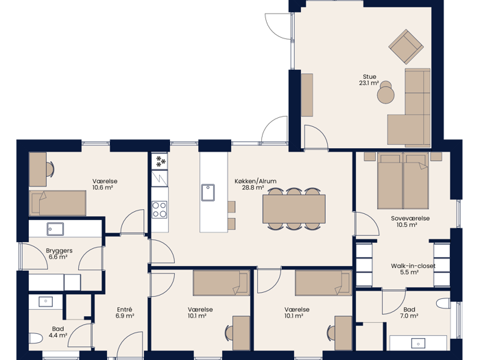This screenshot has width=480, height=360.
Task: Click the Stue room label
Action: (x=370, y=77)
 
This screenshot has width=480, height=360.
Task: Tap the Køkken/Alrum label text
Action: (x=256, y=181)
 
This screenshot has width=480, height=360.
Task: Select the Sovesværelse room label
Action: (x=410, y=218)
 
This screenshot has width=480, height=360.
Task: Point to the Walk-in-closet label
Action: (x=413, y=266)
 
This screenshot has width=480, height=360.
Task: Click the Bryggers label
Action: (x=59, y=251)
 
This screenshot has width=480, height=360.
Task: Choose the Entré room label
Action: (x=125, y=309)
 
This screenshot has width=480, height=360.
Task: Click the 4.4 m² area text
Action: (x=58, y=335)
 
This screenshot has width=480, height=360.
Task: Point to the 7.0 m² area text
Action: (x=409, y=315)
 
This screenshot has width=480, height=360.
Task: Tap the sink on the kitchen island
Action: (x=208, y=193)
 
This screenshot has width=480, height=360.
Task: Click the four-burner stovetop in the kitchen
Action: (x=160, y=210)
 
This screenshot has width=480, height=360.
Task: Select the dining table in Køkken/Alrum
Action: (x=294, y=209)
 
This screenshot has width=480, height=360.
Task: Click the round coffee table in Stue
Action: (x=385, y=95)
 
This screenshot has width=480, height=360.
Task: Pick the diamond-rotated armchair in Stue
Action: (x=406, y=47)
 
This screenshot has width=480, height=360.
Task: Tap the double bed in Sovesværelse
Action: (x=403, y=180)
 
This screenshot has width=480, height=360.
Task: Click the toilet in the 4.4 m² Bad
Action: (x=36, y=339)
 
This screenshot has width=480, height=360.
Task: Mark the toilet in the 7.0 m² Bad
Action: (x=443, y=304)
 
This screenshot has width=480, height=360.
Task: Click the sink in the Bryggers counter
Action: (x=56, y=229)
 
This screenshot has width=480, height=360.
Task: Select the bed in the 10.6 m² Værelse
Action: (x=58, y=203)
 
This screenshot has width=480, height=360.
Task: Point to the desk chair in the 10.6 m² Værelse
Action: (x=50, y=169)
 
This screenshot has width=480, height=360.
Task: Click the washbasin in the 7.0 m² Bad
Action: (x=418, y=344)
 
